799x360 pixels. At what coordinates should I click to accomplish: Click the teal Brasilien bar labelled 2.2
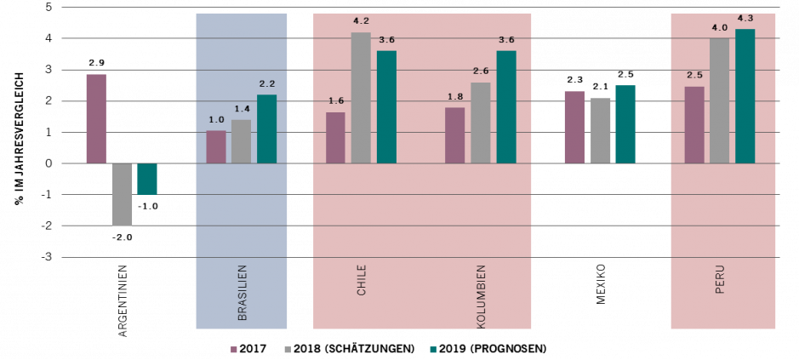pos(266,129)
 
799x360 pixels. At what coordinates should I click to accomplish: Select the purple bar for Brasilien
pos(216,146)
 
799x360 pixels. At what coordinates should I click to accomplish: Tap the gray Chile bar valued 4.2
pos(361,98)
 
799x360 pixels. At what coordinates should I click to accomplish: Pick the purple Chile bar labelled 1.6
pos(335,137)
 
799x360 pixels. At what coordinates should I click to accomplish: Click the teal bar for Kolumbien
pos(506,106)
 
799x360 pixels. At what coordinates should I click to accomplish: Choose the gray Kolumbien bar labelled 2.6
pos(481,123)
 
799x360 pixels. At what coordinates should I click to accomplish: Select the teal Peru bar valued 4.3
pos(745,96)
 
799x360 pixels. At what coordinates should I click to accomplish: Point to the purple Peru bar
pos(694,124)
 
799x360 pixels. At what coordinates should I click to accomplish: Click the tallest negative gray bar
pos(122,194)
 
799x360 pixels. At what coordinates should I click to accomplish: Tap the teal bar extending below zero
pos(147,179)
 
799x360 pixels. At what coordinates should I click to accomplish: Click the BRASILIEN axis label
pos(243,292)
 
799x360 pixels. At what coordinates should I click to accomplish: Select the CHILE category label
pos(362,280)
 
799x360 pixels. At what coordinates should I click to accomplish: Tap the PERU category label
pos(720,279)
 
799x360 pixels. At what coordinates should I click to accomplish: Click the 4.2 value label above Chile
pos(361,21)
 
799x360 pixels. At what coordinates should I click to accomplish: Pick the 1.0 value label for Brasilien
pos(216,120)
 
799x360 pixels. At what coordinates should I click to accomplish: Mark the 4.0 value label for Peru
pos(720,28)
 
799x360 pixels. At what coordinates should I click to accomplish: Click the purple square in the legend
pos(234,350)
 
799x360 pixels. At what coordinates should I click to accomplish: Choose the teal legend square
pos(433,350)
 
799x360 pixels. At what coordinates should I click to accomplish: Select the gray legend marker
pos(288,350)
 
